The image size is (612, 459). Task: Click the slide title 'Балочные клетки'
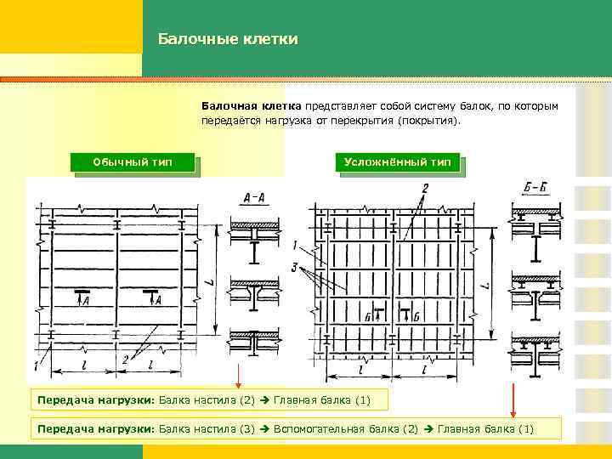click(x=227, y=39)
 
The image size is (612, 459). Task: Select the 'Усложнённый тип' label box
click(x=397, y=161)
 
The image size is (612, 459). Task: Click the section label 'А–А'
click(x=253, y=199)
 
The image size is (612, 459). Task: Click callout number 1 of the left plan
click(x=36, y=365)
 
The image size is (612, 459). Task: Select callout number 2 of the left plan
click(x=125, y=360)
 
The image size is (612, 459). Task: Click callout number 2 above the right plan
click(x=425, y=187)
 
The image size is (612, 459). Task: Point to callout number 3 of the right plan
click(x=292, y=268)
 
